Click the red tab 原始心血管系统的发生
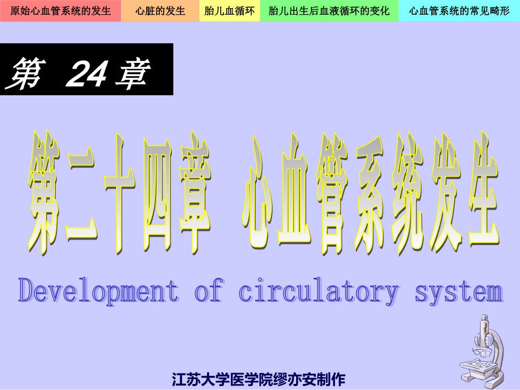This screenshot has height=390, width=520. [x=60, y=11]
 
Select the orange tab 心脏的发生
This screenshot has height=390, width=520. [x=160, y=11]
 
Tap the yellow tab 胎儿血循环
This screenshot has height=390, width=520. [x=229, y=11]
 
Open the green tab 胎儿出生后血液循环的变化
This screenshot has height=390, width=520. [x=329, y=11]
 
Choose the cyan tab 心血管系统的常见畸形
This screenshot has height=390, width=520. [x=459, y=11]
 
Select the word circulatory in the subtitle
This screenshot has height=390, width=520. [x=318, y=290]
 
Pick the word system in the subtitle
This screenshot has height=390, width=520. [x=459, y=290]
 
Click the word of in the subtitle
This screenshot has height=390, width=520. [x=209, y=290]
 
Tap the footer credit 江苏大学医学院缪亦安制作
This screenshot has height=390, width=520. [x=258, y=379]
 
